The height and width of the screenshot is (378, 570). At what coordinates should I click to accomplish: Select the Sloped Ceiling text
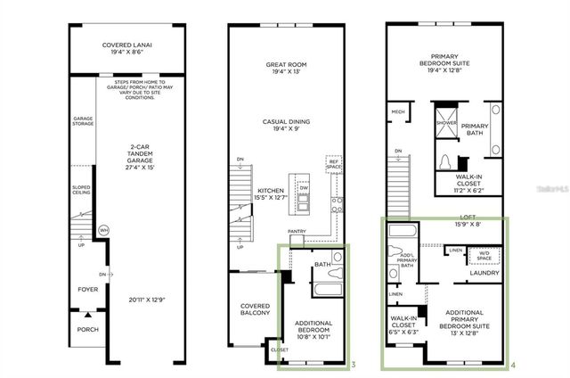point(82,190)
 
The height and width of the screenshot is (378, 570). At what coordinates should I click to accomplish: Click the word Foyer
point(86,289)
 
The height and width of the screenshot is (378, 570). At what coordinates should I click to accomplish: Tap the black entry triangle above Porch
point(86,314)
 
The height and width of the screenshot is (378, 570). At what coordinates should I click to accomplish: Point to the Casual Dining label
point(286,125)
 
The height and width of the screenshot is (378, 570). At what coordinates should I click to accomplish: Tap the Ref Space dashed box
point(335,168)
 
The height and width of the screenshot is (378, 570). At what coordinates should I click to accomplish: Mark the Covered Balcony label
point(256,310)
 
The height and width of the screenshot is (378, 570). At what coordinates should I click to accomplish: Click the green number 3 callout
point(354,365)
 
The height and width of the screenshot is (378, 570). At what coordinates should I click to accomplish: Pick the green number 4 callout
point(515,365)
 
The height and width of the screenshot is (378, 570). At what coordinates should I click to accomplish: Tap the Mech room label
point(398,111)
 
